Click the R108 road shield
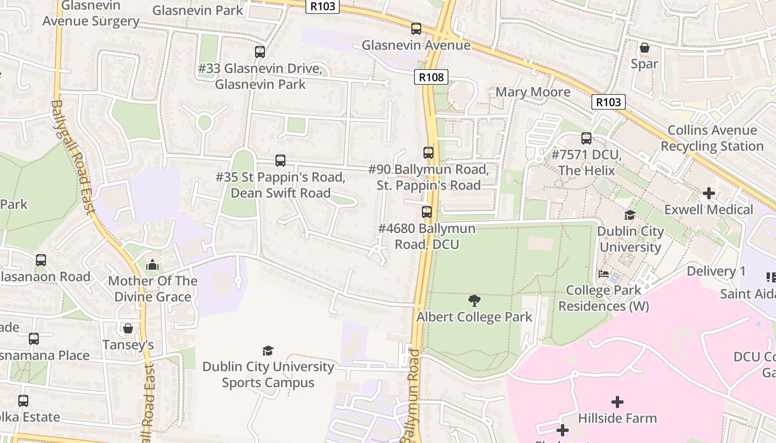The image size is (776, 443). (x=431, y=78)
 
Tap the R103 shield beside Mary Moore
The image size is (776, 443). (x=608, y=102)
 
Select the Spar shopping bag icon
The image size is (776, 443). (x=644, y=48)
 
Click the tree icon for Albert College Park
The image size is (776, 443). (x=474, y=301)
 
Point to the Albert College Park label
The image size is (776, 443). (x=474, y=317)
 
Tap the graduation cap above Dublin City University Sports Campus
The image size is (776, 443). (x=268, y=351)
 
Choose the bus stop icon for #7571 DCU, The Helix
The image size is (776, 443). (x=586, y=138)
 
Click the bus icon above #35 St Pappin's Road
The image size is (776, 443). (x=280, y=161)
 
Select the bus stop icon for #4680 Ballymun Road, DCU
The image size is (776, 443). (x=427, y=212)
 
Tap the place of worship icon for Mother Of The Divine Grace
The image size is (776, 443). (x=152, y=265)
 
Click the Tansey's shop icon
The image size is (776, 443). (x=128, y=328)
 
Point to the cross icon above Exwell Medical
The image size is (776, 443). (x=708, y=193)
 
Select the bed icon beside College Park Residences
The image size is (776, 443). (x=604, y=274)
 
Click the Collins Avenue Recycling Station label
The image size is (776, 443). (x=712, y=138)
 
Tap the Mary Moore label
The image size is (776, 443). (x=533, y=92)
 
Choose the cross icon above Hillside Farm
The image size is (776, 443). (x=617, y=402)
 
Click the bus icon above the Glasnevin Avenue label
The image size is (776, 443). (x=416, y=29)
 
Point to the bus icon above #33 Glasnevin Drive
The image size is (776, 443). (x=260, y=52)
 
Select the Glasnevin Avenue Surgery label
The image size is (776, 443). (x=91, y=14)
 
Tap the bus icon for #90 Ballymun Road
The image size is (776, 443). (x=428, y=153)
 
